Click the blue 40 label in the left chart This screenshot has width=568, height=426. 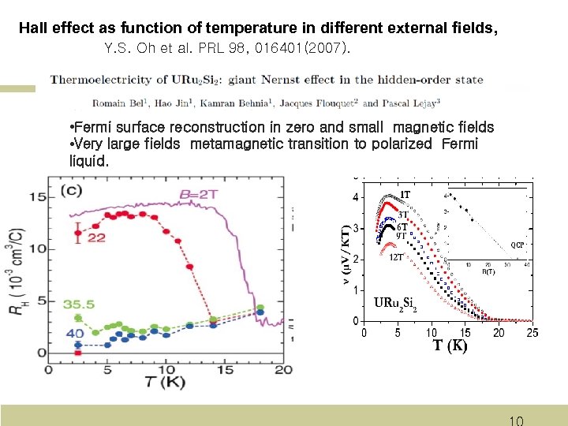76,334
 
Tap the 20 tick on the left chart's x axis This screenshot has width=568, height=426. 283,369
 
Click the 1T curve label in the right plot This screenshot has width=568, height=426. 404,195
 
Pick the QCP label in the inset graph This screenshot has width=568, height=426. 517,245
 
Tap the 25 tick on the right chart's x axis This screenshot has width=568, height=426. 532,333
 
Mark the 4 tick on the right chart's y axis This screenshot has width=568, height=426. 356,197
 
